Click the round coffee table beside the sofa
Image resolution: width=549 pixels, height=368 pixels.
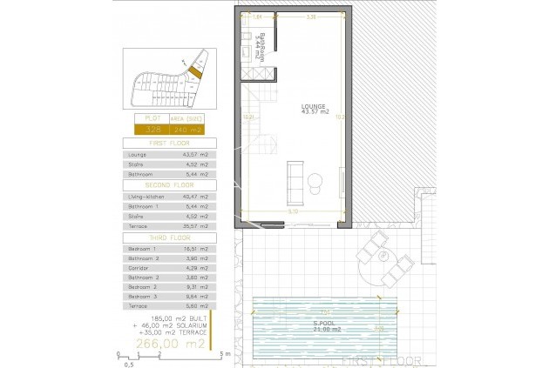[x=315, y=180]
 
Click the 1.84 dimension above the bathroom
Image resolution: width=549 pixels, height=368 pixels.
[x=257, y=17]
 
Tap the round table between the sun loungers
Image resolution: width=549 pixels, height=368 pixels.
[x=402, y=259]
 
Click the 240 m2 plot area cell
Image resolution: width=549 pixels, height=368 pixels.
[x=187, y=129]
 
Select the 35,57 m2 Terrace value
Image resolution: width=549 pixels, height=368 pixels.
[x=196, y=225]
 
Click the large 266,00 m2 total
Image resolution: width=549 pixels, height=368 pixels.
[x=168, y=345]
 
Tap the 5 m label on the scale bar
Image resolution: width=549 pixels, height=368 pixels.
[x=226, y=354]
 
